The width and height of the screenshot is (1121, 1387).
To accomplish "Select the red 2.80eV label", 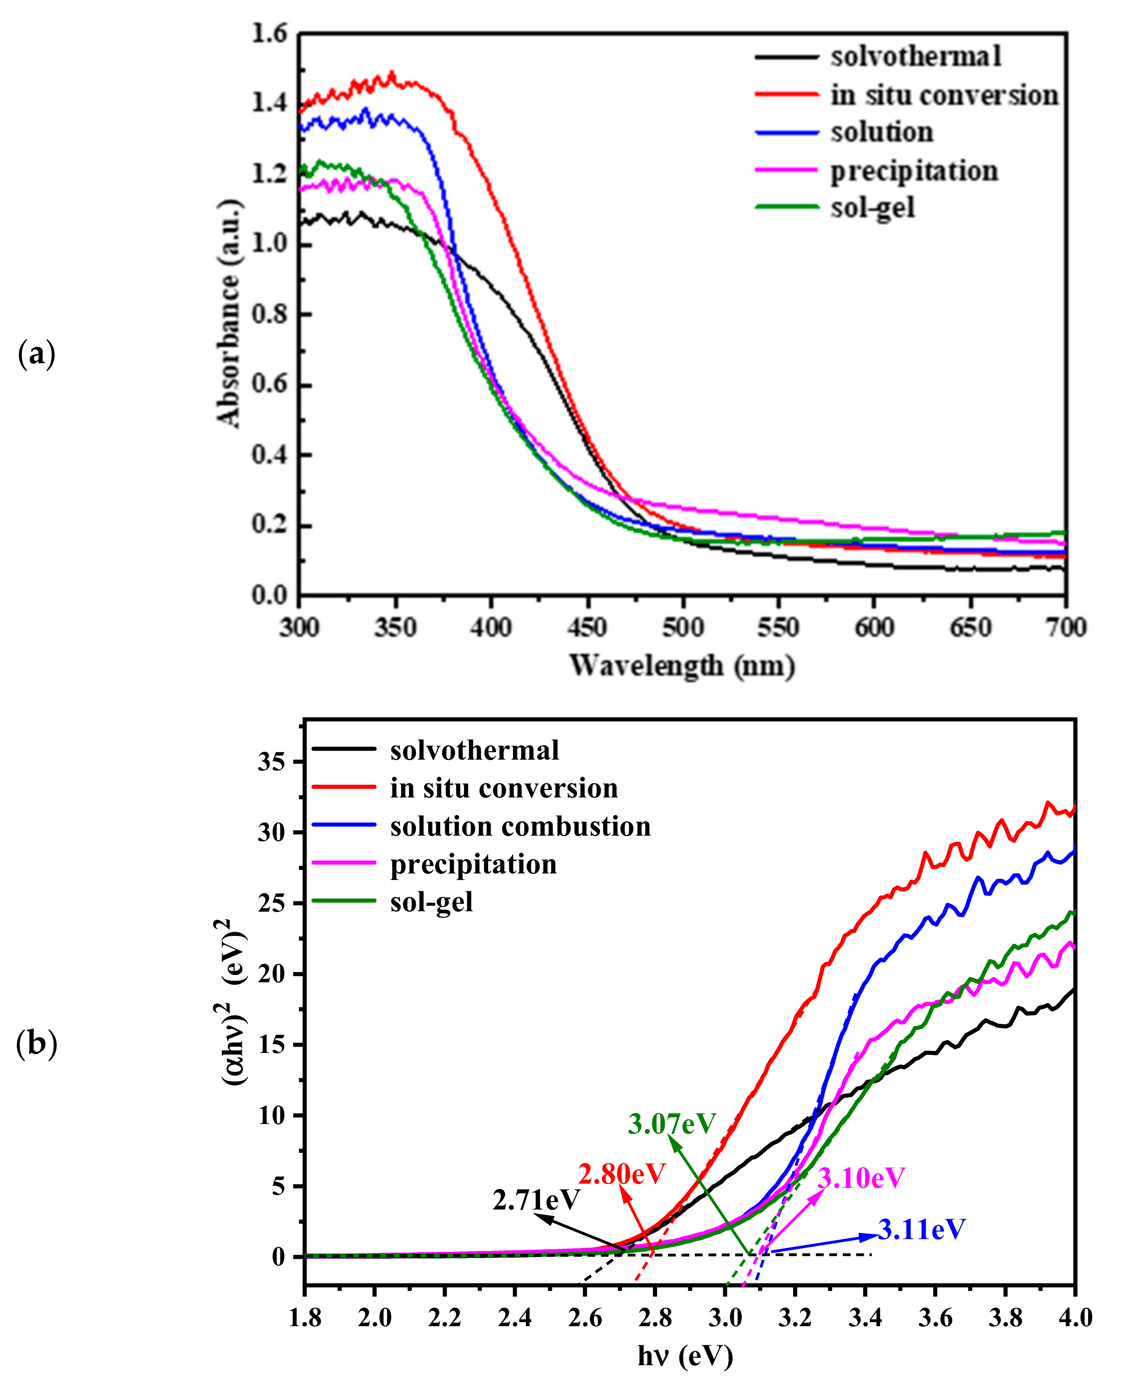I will (621, 1173).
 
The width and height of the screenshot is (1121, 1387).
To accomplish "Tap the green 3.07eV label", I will (671, 1124).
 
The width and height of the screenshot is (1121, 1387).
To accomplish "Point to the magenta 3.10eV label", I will (861, 1178).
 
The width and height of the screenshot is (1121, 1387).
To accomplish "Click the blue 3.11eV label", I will (921, 1230).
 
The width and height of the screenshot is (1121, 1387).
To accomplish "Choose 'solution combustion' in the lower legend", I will (520, 827).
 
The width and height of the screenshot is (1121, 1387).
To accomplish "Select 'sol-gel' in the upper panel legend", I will (872, 208).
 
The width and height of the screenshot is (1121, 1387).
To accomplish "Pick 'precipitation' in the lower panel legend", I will (473, 864).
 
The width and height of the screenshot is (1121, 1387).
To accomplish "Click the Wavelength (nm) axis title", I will (681, 666).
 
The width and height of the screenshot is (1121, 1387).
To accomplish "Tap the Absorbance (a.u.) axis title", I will (229, 313).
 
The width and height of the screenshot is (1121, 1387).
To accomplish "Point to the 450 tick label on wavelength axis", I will (586, 628).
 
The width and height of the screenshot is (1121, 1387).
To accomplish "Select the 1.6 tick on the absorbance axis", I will (269, 34).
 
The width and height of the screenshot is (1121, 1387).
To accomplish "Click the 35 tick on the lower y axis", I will (271, 762).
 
